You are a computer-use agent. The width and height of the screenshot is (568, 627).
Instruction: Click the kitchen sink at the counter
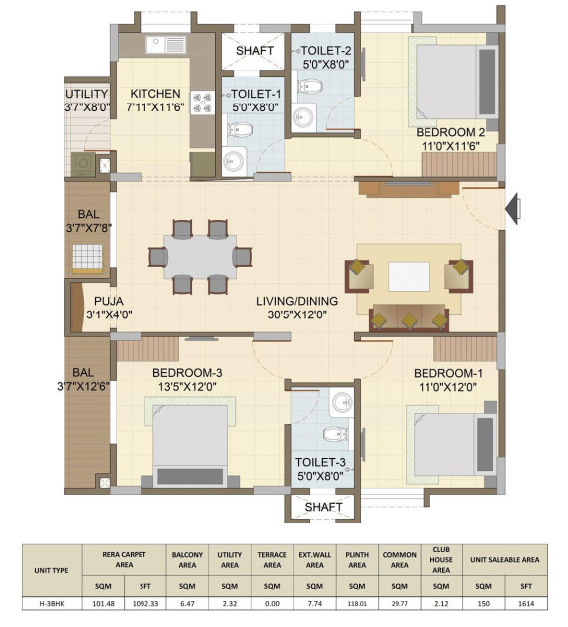tap(166, 45)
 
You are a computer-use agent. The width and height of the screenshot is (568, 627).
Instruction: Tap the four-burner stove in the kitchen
tap(202, 103)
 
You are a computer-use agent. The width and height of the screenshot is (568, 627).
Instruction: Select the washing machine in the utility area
tap(84, 164)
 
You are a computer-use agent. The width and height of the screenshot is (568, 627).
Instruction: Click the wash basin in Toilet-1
tap(234, 161)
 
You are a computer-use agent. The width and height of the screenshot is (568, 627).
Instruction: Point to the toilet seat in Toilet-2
tap(310, 86)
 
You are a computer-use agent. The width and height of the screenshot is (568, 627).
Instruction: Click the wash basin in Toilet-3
tap(342, 402)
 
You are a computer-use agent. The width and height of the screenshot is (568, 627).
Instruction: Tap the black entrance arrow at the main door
tap(512, 209)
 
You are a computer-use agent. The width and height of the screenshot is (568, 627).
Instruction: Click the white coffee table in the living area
tap(409, 277)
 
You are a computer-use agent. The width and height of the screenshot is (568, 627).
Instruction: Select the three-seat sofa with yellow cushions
tap(410, 317)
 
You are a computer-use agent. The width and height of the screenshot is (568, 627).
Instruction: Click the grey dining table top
tap(200, 257)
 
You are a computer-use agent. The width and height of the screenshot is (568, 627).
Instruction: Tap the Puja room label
tap(109, 301)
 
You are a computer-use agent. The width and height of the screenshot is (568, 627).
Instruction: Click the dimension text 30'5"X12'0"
tap(297, 314)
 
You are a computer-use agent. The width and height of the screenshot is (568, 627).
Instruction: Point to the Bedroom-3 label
tap(187, 373)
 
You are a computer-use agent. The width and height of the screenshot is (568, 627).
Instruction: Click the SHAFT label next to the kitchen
tap(254, 51)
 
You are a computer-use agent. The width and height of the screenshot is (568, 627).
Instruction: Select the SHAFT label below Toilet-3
tap(323, 507)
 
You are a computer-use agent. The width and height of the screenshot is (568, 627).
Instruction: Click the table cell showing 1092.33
tap(145, 604)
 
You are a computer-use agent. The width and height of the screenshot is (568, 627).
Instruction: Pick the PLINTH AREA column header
tap(357, 560)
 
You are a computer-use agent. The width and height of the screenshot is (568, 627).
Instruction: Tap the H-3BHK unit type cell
tap(52, 604)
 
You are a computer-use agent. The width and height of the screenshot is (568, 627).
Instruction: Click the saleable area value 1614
tap(526, 604)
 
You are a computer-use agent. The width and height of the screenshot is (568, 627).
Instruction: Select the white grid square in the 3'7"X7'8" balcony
tap(87, 257)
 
